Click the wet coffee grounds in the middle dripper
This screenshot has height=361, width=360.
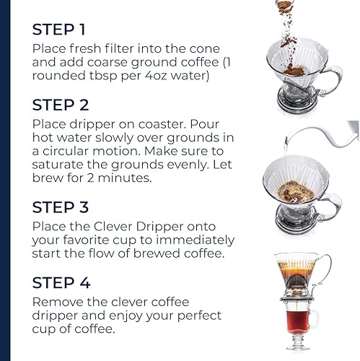point(296,192)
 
